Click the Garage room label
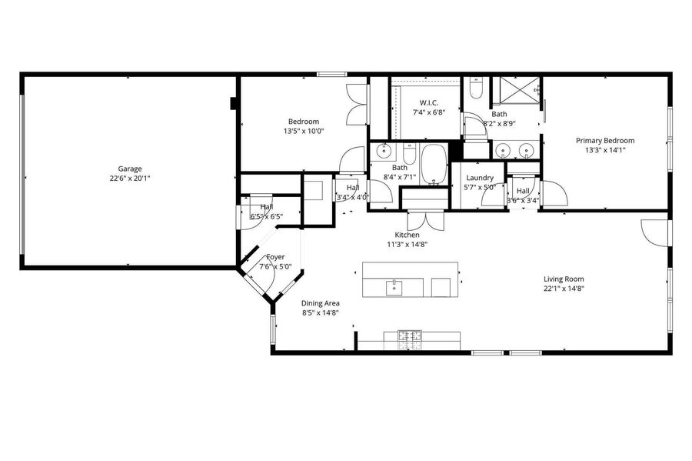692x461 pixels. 130,169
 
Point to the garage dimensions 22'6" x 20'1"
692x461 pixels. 130,179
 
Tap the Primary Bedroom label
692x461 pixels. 605,140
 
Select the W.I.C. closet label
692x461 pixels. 429,103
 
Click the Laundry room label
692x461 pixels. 480,178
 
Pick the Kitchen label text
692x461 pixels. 407,235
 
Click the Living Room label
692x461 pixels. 564,279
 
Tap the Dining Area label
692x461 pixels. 321,303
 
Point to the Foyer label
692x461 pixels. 275,257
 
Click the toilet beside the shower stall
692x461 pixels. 476,88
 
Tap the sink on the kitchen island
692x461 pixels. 394,288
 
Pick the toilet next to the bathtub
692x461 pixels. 410,153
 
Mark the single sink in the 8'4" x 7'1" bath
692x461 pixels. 384,152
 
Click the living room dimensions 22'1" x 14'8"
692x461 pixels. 564,289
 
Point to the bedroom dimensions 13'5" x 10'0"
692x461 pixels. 304,131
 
